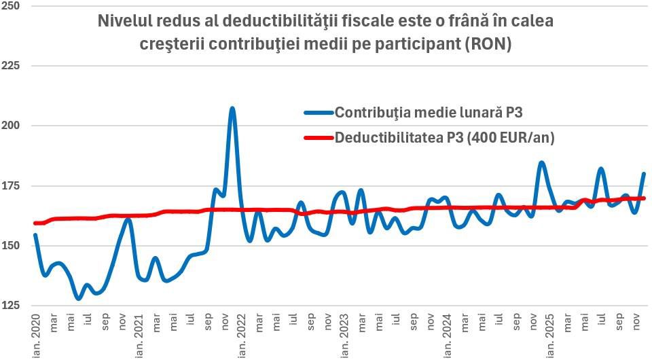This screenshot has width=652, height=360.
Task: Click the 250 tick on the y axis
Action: [x=12, y=5]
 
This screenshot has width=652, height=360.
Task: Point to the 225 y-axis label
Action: [x=12, y=66]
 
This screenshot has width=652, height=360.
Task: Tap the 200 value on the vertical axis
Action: [x=12, y=126]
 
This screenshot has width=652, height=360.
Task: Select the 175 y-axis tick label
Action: [x=12, y=186]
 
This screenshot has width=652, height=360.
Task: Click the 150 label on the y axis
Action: [x=12, y=246]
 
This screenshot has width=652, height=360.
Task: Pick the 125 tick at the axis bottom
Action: [x=12, y=306]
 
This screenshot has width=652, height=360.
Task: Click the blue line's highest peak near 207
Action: [x=232, y=108]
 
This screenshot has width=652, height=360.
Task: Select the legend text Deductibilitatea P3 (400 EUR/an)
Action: [x=445, y=139]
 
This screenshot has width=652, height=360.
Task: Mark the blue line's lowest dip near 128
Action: [x=79, y=298]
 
